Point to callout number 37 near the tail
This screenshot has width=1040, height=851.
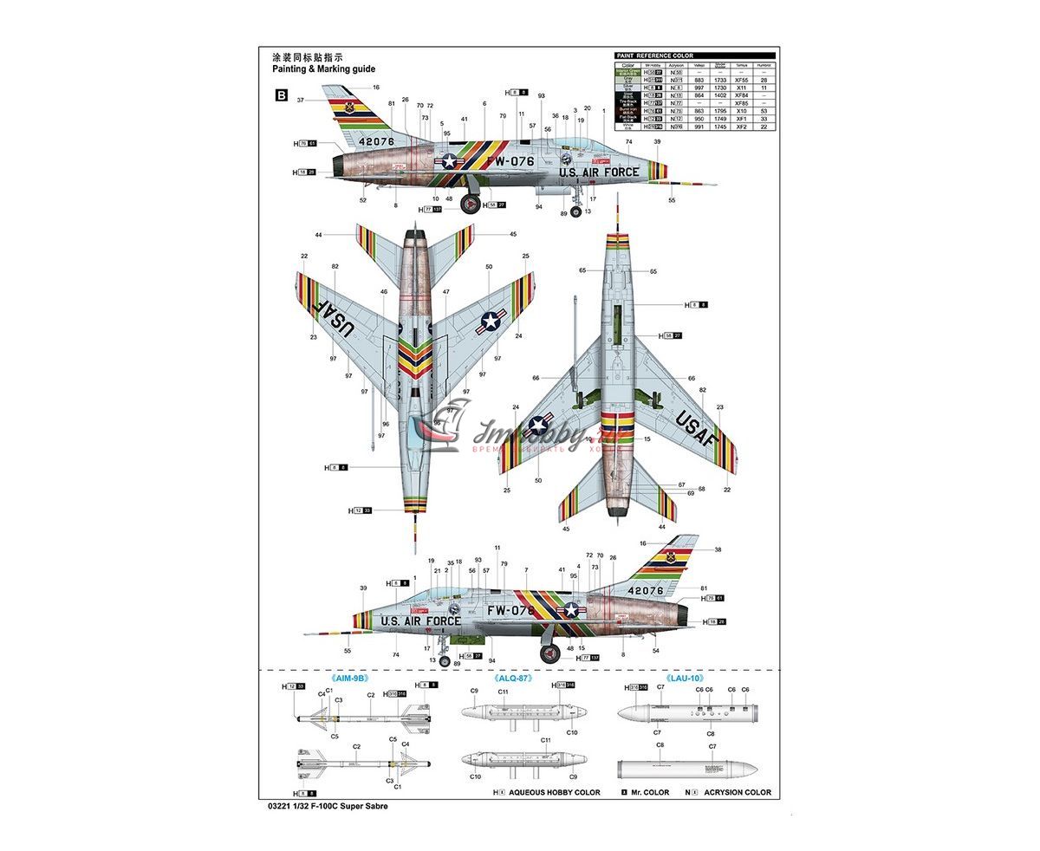click(x=300, y=101)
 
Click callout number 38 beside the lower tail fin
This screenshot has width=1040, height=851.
click(x=718, y=549)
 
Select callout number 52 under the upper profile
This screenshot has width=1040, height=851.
click(x=363, y=200)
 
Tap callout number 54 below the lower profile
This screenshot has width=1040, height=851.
click(x=655, y=651)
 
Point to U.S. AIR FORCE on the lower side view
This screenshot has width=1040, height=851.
click(x=421, y=621)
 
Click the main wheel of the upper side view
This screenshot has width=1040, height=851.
click(x=470, y=205)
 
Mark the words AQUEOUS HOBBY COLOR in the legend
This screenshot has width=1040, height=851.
click(x=554, y=792)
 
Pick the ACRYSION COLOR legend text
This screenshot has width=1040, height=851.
click(x=737, y=792)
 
